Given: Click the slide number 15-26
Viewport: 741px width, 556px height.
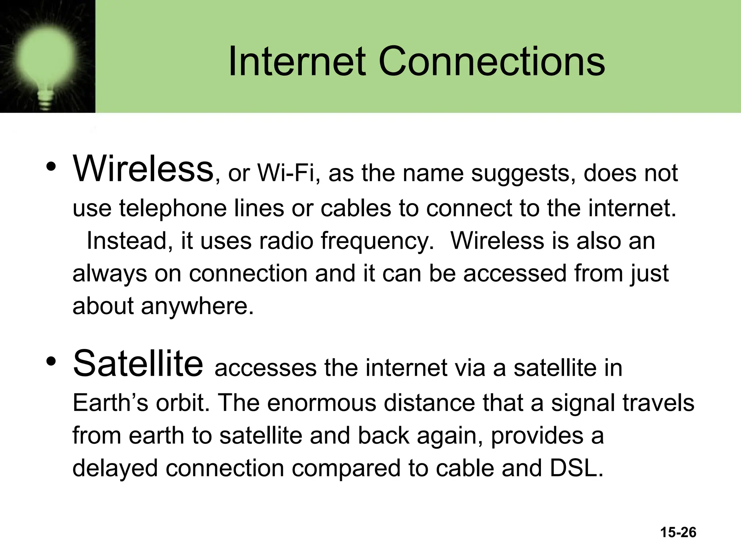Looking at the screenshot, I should [678, 532].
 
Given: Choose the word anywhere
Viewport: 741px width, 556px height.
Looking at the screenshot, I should [197, 306].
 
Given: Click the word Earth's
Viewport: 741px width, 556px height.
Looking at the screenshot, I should [110, 403].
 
